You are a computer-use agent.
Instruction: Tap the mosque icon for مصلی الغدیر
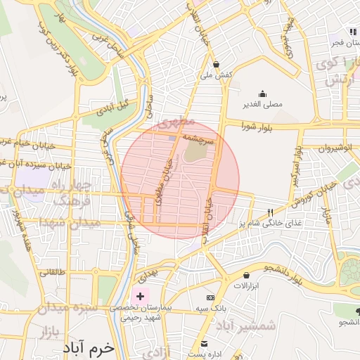click(262, 94)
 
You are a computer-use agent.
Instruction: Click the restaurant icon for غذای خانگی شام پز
click(271, 212)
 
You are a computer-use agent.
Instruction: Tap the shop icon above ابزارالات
click(246, 275)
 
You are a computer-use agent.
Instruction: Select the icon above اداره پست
click(205, 344)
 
